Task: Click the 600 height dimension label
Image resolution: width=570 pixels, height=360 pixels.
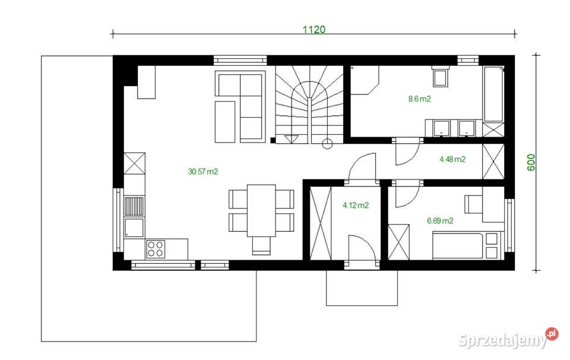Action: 531,162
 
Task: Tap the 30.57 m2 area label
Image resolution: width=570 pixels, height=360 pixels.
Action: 203,172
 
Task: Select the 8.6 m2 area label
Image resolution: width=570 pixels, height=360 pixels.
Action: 419,99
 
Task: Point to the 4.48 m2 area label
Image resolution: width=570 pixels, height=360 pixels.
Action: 452,159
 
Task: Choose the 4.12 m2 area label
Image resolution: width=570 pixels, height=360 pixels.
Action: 356,206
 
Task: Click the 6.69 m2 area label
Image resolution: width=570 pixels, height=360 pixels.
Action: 440,220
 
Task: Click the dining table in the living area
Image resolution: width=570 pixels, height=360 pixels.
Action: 261,210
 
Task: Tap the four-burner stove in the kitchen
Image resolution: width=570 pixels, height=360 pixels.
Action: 156,249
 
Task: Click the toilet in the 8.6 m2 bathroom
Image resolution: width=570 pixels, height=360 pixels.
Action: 441,78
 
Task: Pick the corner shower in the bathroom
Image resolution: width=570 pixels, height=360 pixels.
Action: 364,80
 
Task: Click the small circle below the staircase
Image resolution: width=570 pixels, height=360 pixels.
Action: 326,143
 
